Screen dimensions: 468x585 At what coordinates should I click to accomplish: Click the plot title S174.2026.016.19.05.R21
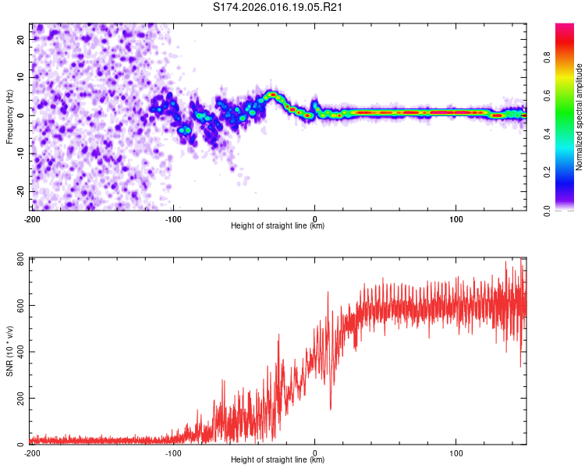pyautogui.click(x=278, y=8)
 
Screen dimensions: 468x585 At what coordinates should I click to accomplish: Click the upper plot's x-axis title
pyautogui.click(x=278, y=226)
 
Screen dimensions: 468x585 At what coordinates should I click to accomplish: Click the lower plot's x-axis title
pyautogui.click(x=278, y=460)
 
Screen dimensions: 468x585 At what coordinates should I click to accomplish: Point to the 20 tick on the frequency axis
pyautogui.click(x=21, y=38)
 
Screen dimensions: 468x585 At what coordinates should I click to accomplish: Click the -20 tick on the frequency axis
pyautogui.click(x=19, y=191)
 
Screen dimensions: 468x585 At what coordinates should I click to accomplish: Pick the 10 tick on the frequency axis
pyautogui.click(x=21, y=76)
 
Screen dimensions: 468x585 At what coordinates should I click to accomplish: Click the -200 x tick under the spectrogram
pyautogui.click(x=32, y=218)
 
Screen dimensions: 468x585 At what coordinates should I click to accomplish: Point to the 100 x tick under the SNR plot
pyautogui.click(x=456, y=452)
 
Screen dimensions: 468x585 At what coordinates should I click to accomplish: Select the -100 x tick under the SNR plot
pyautogui.click(x=173, y=452)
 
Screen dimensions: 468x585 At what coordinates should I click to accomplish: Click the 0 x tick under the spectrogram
pyautogui.click(x=314, y=218)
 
